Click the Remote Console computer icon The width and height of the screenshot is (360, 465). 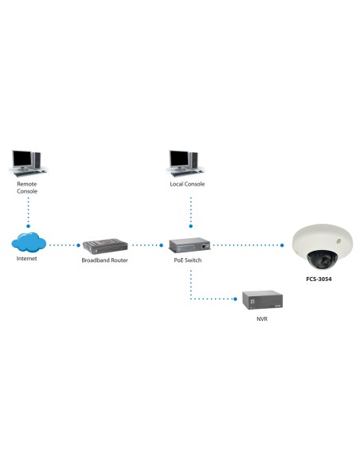tap(27, 163)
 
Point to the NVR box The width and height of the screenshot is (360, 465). tap(261, 301)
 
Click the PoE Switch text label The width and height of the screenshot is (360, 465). tap(190, 260)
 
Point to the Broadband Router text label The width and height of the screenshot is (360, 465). tap(104, 260)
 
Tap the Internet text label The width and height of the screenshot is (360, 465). tap(27, 259)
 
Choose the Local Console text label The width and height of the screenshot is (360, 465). tap(187, 184)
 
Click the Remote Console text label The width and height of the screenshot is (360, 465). tap(27, 188)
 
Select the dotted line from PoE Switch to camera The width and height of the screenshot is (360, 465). tap(247, 244)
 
